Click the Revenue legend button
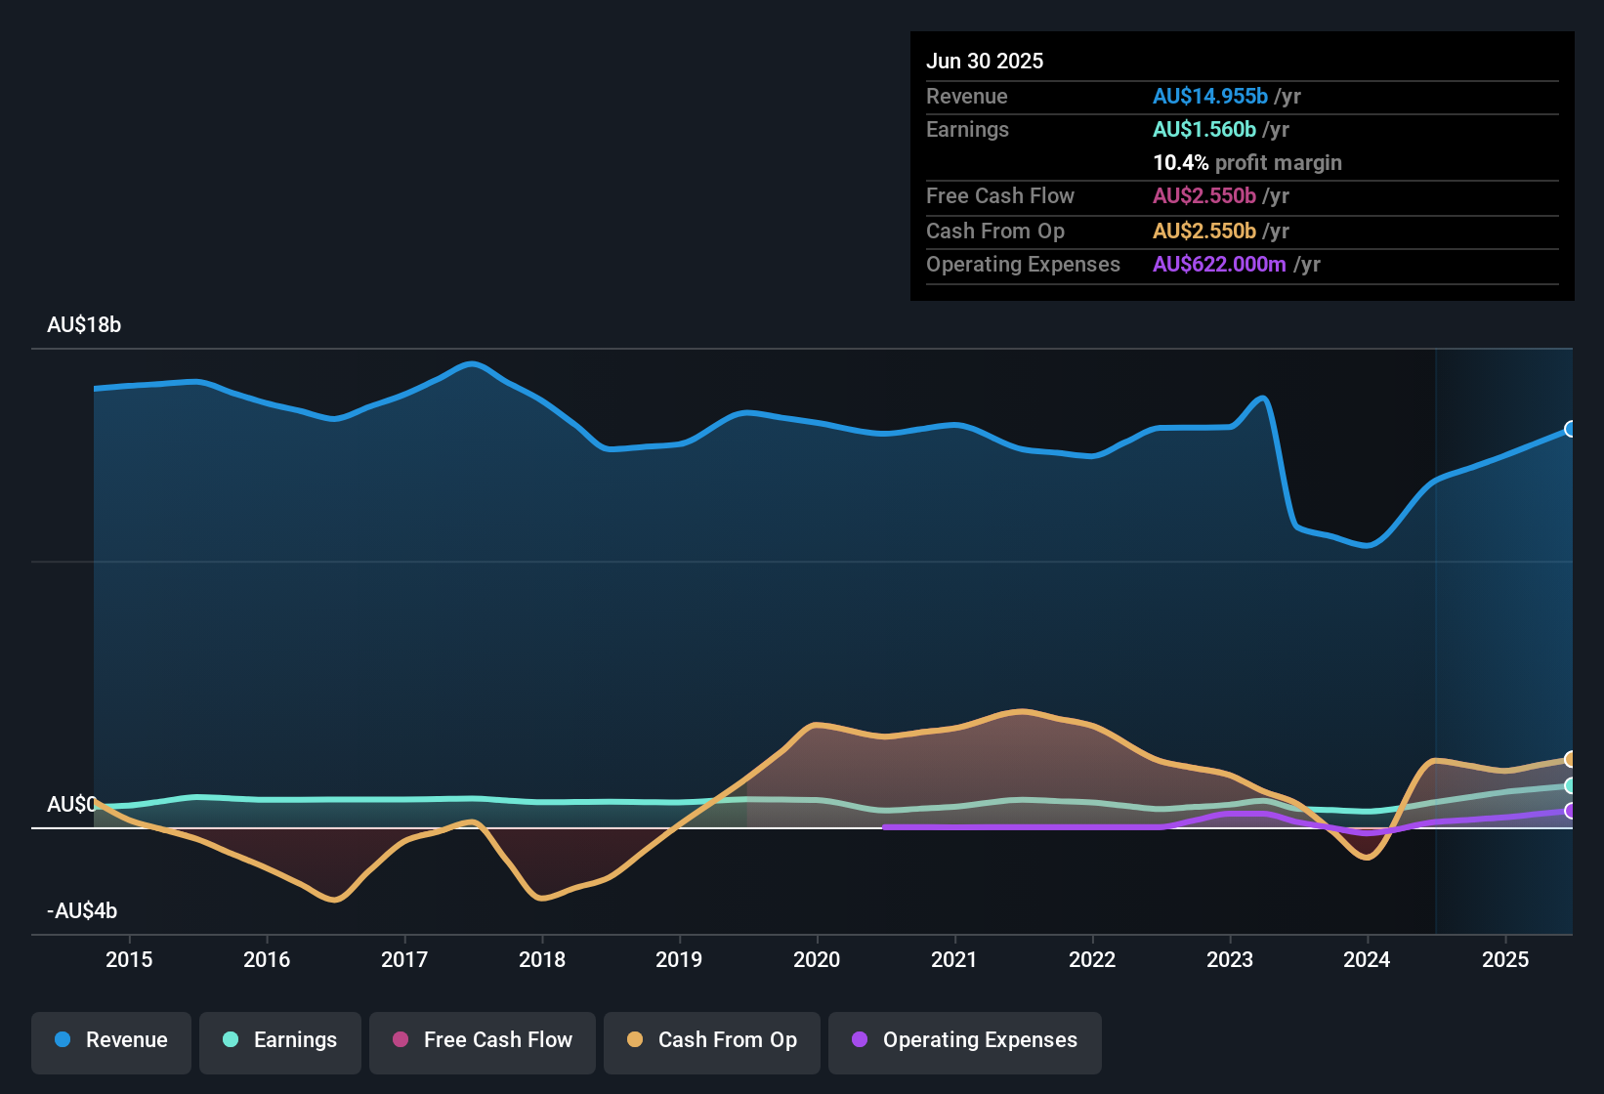coord(111,1040)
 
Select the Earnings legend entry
coord(279,1040)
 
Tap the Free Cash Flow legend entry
coord(483,1040)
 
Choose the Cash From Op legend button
coord(712,1040)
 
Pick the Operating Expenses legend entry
coord(964,1040)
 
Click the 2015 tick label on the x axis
coord(129,959)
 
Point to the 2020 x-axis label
coord(817,959)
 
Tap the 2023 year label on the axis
coord(1230,959)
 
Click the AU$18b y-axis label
coord(84,325)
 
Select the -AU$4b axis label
coord(82,911)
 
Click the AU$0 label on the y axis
coord(71,804)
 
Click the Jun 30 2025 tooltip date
coord(985,62)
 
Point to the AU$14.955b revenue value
coord(1209,97)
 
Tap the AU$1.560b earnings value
coord(1203,130)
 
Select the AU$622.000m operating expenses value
coord(1218,265)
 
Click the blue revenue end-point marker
coord(1570,429)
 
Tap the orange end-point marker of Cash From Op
coord(1570,759)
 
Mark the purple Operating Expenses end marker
coord(1570,811)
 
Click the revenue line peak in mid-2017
coord(472,364)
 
